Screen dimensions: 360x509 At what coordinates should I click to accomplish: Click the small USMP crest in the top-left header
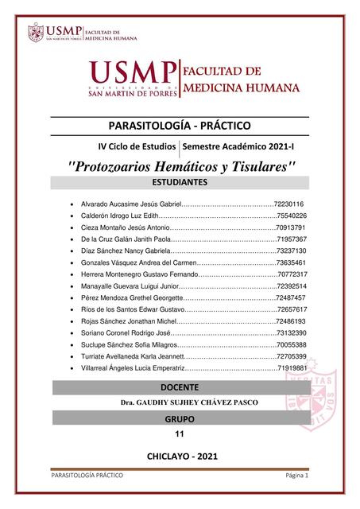35,33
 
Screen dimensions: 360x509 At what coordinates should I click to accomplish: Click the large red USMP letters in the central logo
133,72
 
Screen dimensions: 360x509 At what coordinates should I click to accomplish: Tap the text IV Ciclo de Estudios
136,147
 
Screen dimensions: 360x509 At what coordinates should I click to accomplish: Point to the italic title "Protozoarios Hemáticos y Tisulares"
183,167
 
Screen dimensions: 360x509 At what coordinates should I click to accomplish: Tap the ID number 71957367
292,239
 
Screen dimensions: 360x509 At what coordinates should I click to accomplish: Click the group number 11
178,434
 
